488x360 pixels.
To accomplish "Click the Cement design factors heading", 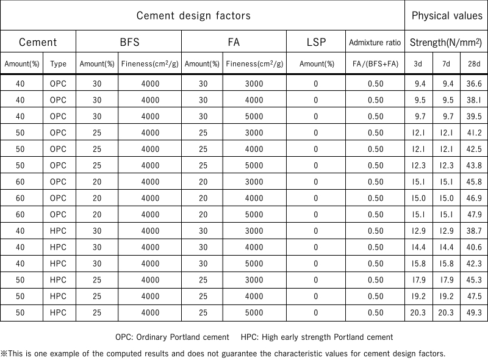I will click(x=193, y=15).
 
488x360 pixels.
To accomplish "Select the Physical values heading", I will click(x=447, y=15).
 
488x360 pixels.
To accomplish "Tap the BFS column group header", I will click(x=129, y=42).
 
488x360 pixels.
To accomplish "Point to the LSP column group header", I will click(x=315, y=42).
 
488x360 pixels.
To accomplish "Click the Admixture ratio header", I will click(x=375, y=43).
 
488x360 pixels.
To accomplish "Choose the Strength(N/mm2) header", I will click(x=447, y=42).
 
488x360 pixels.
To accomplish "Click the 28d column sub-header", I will click(x=473, y=63).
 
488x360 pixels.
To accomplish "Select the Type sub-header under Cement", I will click(x=59, y=63).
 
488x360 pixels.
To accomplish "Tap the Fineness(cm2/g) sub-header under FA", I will click(x=254, y=63).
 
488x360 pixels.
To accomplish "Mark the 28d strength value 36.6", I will click(x=473, y=84).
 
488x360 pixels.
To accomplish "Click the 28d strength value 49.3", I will click(x=473, y=313).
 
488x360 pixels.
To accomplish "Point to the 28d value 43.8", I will click(x=473, y=165).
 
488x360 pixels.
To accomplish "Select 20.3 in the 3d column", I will click(x=418, y=313).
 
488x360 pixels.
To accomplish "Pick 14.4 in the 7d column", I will click(x=446, y=247).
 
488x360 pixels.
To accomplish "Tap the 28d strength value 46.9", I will click(x=473, y=198).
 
